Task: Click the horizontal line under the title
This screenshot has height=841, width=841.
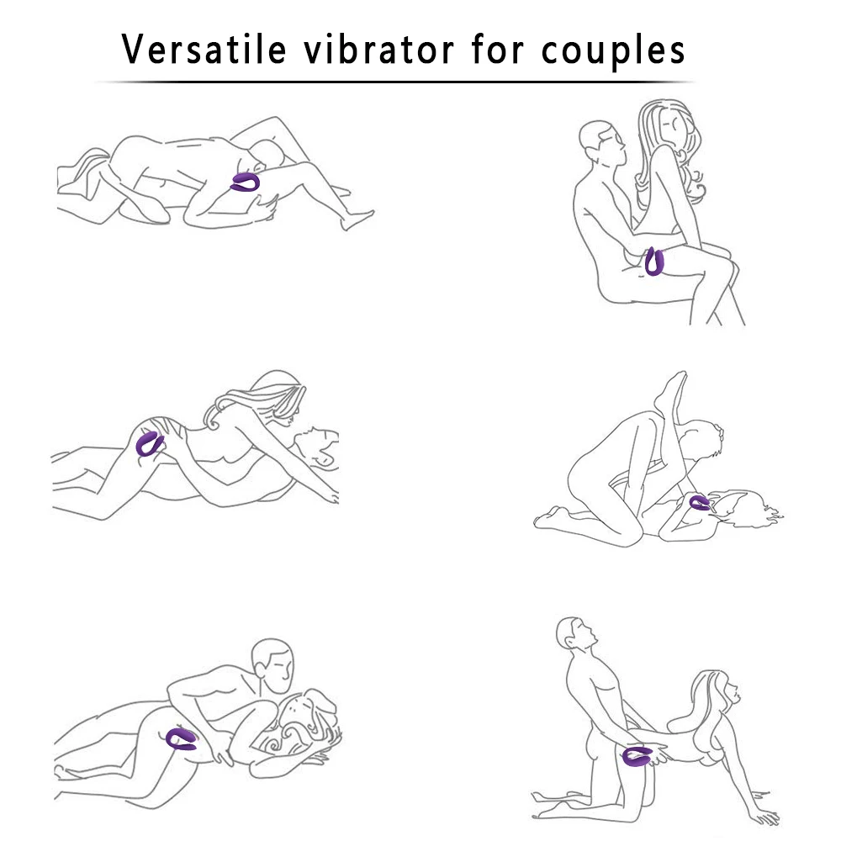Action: point(395,82)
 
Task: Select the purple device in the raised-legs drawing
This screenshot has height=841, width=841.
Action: point(700,503)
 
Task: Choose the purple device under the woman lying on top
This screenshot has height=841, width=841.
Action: point(151,442)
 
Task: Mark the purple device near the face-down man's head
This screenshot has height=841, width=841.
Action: point(246,182)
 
